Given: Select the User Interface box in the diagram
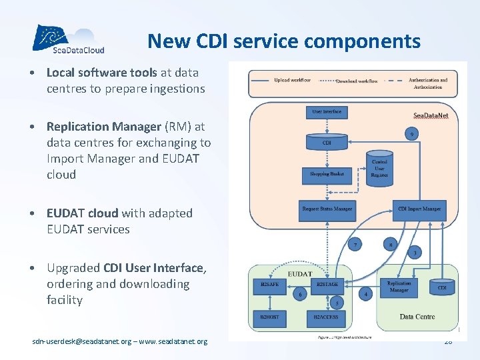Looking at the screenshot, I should (326, 112).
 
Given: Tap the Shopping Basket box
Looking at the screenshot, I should (326, 174).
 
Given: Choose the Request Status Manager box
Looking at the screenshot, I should (326, 210).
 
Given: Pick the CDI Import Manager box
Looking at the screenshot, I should (419, 209).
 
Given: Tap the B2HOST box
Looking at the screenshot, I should (270, 317).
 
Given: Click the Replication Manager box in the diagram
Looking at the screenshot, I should (399, 287).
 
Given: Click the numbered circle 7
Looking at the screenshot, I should (356, 245).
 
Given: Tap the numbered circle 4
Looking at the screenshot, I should (365, 293).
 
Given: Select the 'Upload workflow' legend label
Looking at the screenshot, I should (292, 80).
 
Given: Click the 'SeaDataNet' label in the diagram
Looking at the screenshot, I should (430, 115).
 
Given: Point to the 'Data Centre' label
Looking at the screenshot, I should (417, 317).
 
